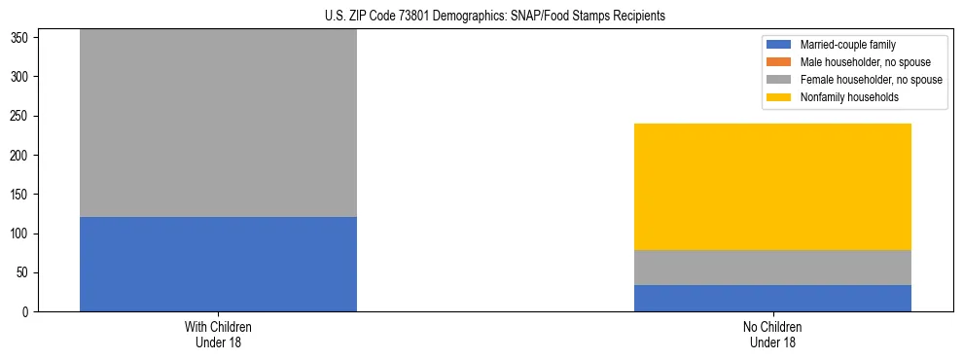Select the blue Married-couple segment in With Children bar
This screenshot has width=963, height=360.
coord(218,264)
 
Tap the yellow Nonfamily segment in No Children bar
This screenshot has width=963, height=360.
coord(772,187)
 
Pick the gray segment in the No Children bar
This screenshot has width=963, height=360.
coord(772,268)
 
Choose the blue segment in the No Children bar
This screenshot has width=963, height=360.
coord(772,298)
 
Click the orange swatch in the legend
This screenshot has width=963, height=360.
coord(779,62)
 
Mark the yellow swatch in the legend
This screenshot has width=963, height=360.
coord(779,97)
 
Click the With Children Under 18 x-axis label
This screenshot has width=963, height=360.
coord(218,334)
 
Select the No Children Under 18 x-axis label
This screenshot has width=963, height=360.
coord(772,334)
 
